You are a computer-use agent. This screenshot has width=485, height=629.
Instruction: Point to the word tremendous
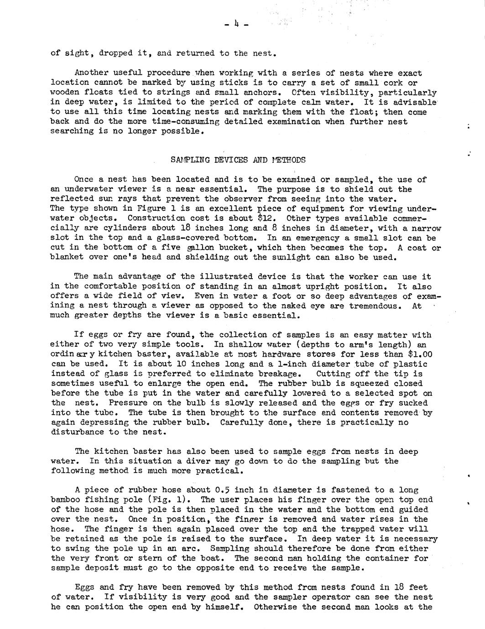pyautogui.click(x=374, y=306)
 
